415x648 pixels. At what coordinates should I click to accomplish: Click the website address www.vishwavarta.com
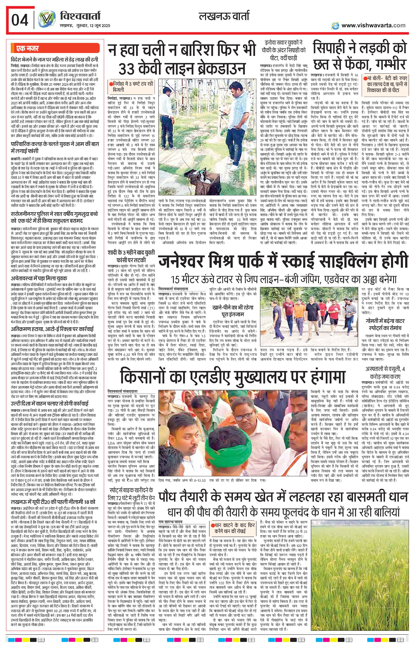(373, 25)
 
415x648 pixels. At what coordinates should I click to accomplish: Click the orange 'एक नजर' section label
(27, 49)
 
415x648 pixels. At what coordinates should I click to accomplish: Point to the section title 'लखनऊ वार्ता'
(224, 17)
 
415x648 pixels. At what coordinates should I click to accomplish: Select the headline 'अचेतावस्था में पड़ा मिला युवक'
(39, 278)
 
